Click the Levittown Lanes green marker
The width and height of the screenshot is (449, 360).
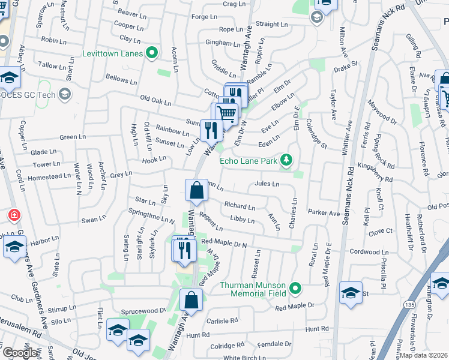152,53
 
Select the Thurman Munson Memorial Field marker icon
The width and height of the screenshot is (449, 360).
295,289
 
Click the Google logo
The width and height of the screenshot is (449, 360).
19,353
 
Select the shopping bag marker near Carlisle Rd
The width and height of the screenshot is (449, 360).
190,299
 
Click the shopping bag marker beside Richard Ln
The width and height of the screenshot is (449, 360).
196,191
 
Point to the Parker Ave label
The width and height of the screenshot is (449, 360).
324,212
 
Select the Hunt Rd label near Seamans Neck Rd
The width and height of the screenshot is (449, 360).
316,329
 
